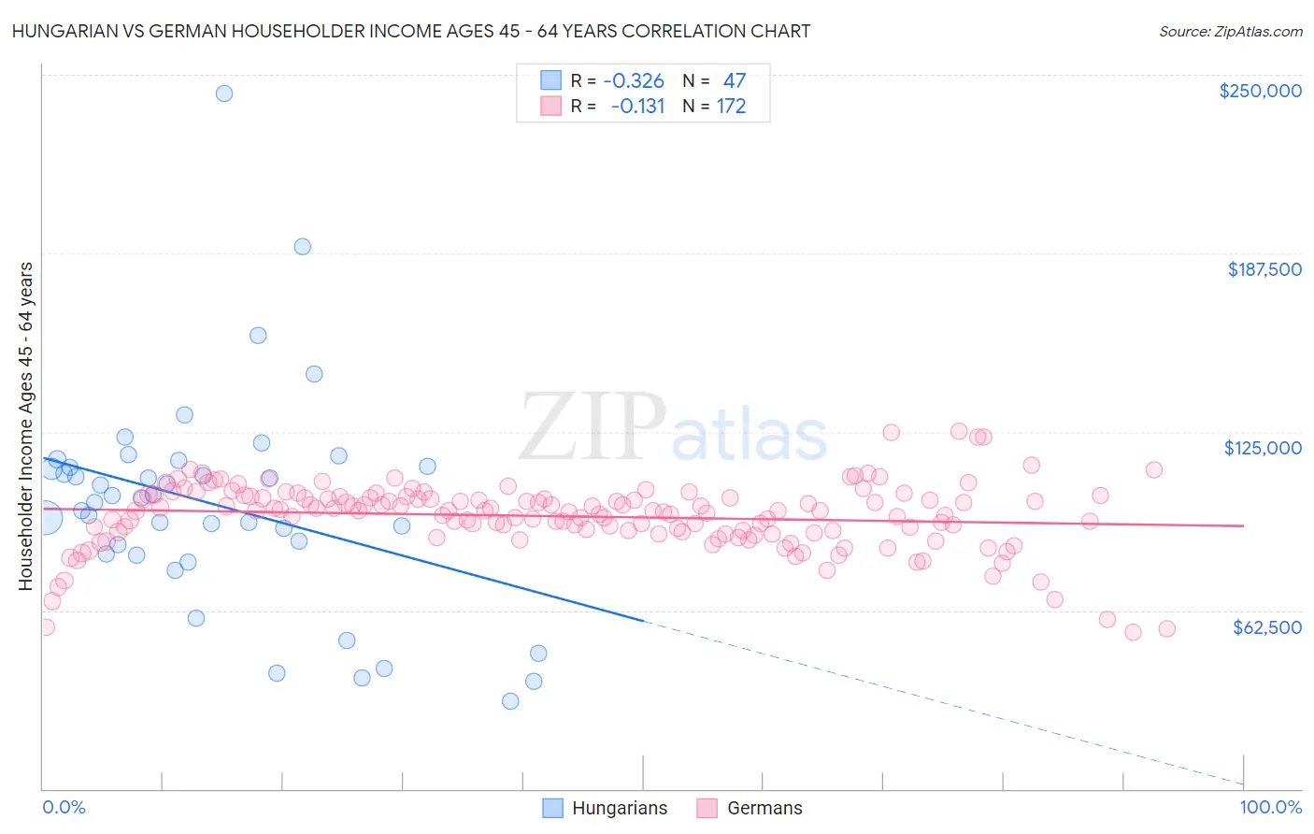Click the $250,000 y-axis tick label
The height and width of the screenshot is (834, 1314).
point(1260,91)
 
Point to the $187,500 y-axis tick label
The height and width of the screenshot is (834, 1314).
point(1264,269)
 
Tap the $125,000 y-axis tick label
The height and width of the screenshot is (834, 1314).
point(1263,448)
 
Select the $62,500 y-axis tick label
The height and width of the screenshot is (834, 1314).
point(1266,627)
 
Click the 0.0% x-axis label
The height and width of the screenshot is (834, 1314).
point(64,807)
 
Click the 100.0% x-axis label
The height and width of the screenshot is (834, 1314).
point(1270,807)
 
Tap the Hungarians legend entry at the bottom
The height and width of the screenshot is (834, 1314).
point(606,808)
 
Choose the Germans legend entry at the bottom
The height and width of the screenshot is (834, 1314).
point(750,808)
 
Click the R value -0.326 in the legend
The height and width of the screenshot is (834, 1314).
point(636,80)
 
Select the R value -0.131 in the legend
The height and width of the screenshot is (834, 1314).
point(637,107)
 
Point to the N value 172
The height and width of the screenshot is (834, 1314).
point(731,107)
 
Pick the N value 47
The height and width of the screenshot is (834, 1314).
point(734,80)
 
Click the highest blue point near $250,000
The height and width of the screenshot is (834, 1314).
point(224,93)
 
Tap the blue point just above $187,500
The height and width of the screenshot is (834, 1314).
point(302,247)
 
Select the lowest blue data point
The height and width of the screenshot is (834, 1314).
point(510,701)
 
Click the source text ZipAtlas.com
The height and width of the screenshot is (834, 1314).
point(1230,31)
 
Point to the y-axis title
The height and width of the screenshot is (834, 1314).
point(25,426)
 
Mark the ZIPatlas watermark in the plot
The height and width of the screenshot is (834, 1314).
point(673,428)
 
